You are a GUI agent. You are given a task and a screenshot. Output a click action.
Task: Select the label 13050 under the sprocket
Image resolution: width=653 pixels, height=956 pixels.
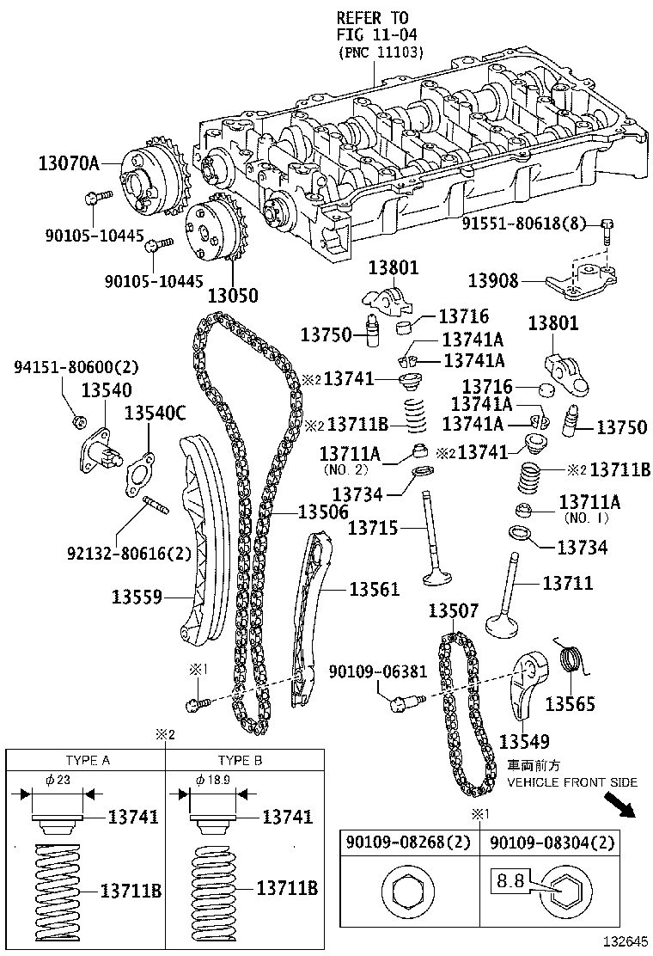pos(232,295)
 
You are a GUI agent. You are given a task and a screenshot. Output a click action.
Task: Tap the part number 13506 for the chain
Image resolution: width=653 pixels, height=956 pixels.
pos(323,512)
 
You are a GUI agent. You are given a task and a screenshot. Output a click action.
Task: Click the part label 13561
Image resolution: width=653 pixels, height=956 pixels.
pos(374,589)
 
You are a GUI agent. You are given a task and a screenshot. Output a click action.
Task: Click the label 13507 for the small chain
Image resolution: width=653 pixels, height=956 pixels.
pos(453,611)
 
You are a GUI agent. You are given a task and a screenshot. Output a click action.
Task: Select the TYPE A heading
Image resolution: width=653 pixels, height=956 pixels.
pos(88,761)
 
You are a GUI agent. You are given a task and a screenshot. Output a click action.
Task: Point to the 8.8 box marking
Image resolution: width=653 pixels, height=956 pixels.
pos(507,880)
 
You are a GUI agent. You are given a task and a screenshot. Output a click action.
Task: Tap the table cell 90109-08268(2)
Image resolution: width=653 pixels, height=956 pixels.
pos(409,844)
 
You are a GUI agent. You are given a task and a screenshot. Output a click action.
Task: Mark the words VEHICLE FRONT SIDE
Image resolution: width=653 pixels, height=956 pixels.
pos(571,781)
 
